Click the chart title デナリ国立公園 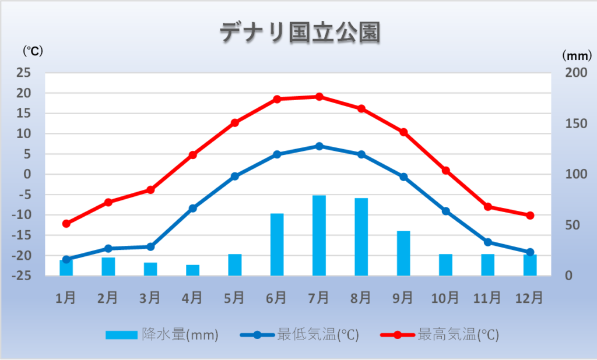point(299,33)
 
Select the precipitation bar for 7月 point(319,235)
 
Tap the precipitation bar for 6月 point(277,245)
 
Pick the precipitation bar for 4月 point(192,270)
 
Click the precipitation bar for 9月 point(403,253)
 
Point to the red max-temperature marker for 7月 point(319,97)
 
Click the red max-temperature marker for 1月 point(66,224)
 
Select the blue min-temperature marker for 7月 point(319,146)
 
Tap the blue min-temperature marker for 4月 point(193,208)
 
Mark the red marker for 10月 point(445,171)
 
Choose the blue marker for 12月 point(530,252)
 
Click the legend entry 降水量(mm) point(162,335)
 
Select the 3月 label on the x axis point(150,298)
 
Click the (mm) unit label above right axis point(577,55)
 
